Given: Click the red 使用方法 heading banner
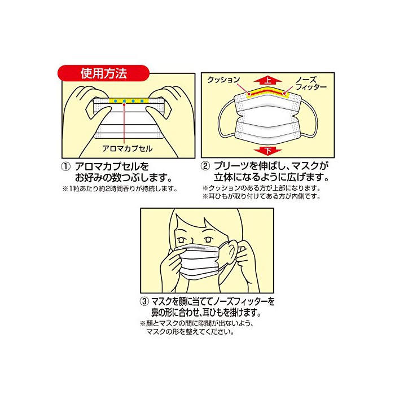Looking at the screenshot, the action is [x=103, y=73].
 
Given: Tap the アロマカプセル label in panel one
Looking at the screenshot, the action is [x=127, y=148].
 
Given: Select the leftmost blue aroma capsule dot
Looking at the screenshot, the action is [x=115, y=101].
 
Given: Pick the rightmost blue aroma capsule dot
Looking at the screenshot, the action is [x=142, y=101].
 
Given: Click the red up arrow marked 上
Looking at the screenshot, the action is [x=267, y=81].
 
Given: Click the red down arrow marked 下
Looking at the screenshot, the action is [x=267, y=151].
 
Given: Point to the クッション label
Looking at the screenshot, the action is [x=223, y=80].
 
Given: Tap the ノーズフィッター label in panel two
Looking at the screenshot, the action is [x=311, y=84].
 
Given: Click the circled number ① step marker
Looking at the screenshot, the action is [x=66, y=167].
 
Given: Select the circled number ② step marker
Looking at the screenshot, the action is [x=205, y=166].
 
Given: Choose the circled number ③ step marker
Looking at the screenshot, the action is [x=144, y=301].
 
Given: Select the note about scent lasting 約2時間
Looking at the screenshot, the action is [x=120, y=188].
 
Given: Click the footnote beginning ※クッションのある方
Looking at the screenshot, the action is [x=261, y=188].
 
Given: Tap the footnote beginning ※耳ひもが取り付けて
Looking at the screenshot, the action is [x=261, y=196].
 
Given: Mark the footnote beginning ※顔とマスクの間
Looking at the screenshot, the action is [x=196, y=327].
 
